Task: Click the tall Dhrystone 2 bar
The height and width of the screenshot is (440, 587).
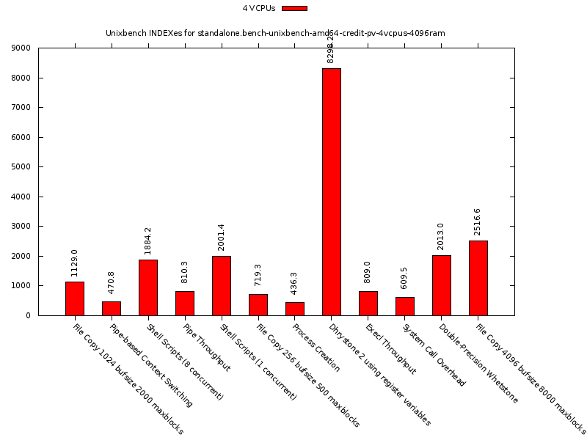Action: pyautogui.click(x=331, y=191)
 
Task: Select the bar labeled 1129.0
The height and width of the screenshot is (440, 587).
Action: pyautogui.click(x=74, y=298)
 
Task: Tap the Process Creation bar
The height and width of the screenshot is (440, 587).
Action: pyautogui.click(x=294, y=309)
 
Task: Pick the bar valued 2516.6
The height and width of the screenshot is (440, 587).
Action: pyautogui.click(x=478, y=278)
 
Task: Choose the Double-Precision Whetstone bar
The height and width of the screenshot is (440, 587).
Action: pyautogui.click(x=441, y=285)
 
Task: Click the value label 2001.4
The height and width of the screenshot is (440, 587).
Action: pyautogui.click(x=221, y=237)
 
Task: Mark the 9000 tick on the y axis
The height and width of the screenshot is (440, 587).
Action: pyautogui.click(x=21, y=48)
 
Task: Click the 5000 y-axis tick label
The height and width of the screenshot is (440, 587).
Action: pyautogui.click(x=21, y=167)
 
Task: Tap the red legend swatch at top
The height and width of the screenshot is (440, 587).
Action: pyautogui.click(x=294, y=9)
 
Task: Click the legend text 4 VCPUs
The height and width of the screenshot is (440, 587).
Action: pyautogui.click(x=259, y=9)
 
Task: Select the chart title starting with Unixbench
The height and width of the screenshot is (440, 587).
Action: pyautogui.click(x=275, y=33)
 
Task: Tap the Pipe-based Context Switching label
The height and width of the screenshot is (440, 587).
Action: pyautogui.click(x=150, y=364)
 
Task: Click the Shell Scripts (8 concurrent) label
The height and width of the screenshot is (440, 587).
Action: pyautogui.click(x=183, y=361)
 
